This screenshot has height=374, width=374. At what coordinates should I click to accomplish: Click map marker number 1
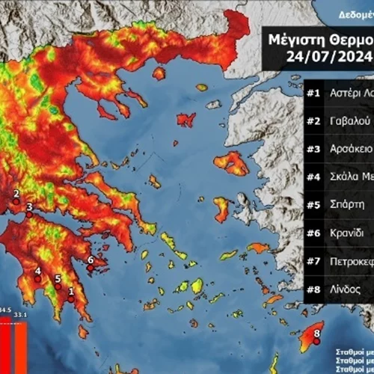(72, 298)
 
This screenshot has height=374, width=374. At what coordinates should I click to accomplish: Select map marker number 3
(29, 214)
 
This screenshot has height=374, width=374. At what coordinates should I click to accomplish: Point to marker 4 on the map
(37, 278)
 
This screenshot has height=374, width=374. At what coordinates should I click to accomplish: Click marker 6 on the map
(91, 267)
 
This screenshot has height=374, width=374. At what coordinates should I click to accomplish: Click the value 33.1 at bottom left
(19, 313)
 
